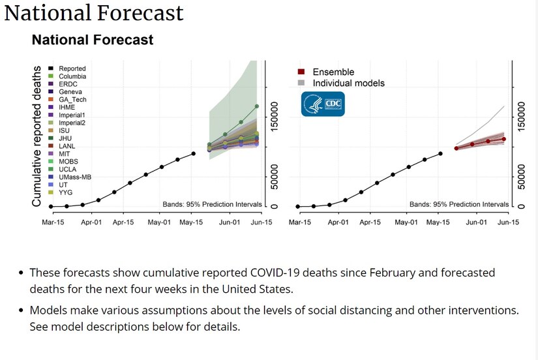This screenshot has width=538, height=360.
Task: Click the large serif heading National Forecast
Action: pos(94,13)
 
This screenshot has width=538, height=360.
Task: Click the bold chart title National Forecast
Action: pos(93,40)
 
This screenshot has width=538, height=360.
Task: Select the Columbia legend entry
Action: pos(72,76)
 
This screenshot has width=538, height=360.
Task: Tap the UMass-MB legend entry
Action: pos(74,177)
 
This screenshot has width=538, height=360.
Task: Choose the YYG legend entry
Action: pos(65,192)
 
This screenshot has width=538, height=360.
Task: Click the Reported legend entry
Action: pos(72,68)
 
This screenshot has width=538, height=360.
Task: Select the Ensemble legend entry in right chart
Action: pos(333,72)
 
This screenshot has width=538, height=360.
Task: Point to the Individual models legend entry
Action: pos(348,83)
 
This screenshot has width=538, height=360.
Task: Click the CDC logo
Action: pos(322,104)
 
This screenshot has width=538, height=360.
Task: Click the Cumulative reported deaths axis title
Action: pos(37,136)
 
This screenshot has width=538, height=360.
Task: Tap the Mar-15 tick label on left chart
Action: pos(52,222)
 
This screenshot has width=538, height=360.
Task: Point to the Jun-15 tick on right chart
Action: pos(509,222)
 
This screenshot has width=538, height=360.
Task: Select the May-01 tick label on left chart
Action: pos(159,222)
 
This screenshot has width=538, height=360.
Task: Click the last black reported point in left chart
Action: pos(194,154)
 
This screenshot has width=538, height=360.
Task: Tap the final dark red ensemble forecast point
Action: pos(503,139)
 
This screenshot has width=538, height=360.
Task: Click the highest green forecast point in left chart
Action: pos(257,106)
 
